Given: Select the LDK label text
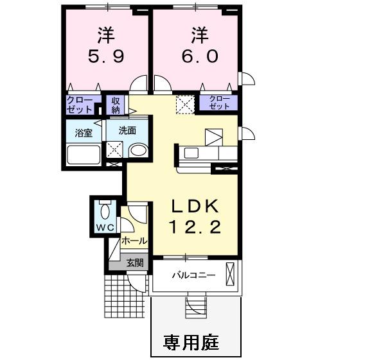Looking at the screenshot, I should (195, 206).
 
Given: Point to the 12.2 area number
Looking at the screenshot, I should (195, 227).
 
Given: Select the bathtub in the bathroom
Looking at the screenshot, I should (83, 156).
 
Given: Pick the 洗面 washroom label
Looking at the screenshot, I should (127, 130).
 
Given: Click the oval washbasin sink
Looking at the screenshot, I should (137, 151).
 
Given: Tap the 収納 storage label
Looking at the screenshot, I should (116, 105).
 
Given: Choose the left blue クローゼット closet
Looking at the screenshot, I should (82, 105).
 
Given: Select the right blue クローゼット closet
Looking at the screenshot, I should (217, 102).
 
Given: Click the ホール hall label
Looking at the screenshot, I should (134, 241).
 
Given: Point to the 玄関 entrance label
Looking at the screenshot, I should (134, 262).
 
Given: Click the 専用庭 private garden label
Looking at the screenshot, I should (191, 342).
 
